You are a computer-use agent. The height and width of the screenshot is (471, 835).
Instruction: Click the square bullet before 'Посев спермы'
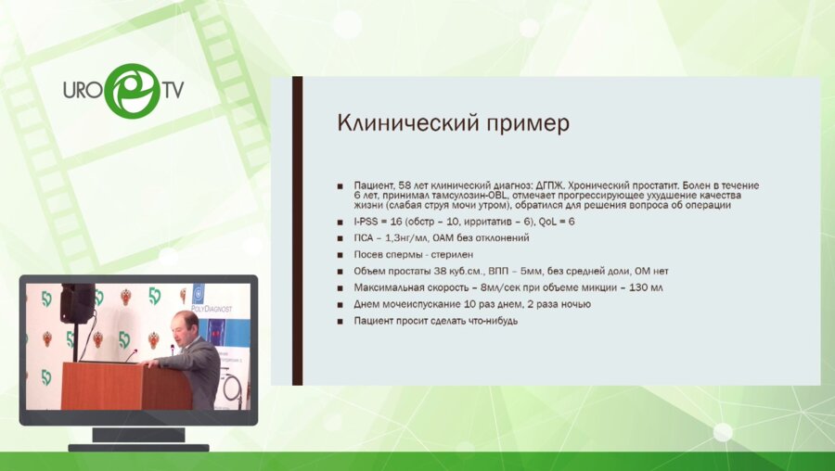click(x=340, y=255)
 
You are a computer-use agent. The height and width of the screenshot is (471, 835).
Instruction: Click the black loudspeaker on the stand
click(x=77, y=302)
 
